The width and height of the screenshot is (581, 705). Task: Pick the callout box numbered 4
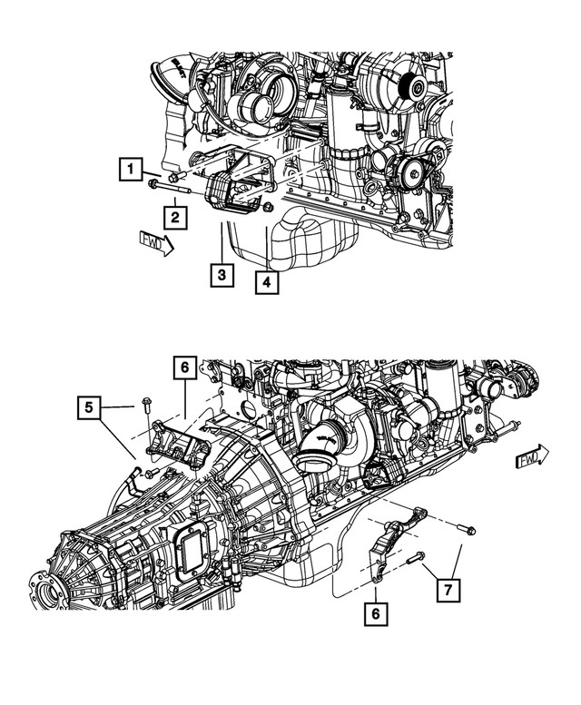point(266,283)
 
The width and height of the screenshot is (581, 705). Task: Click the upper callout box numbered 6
point(183,368)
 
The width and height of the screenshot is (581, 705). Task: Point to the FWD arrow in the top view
point(155,242)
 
